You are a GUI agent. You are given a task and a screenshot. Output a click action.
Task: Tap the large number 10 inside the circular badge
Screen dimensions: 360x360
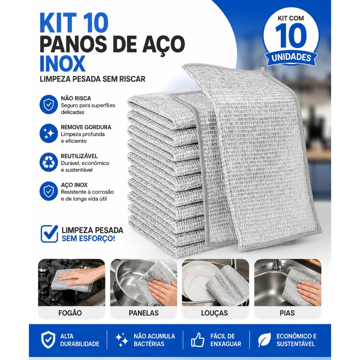[291, 36]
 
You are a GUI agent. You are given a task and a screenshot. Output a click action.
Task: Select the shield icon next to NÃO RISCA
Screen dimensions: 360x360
[49, 104]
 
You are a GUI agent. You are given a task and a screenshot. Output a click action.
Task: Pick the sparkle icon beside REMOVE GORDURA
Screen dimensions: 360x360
[49, 133]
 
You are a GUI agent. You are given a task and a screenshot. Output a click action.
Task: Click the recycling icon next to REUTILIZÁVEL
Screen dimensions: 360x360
[49, 162]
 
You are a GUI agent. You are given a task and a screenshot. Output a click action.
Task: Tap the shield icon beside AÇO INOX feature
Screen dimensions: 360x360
[49, 191]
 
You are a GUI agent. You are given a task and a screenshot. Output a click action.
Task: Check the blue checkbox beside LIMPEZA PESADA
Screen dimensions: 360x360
[49, 234]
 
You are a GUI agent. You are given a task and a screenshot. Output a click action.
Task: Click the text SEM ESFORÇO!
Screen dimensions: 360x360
[88, 238]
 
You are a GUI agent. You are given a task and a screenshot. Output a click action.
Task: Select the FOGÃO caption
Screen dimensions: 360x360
[70, 313]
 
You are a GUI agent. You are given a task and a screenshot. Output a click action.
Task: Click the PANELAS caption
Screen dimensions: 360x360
[144, 313]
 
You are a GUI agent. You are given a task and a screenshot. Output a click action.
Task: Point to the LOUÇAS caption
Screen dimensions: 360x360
[214, 313]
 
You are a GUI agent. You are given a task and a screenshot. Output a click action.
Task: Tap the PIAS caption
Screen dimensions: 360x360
[287, 313]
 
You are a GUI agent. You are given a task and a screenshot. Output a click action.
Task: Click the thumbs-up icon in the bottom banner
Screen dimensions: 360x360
[198, 340]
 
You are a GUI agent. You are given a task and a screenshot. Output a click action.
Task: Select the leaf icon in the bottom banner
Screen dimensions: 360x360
[264, 340]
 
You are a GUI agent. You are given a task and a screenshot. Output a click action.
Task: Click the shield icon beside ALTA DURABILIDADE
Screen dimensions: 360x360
[48, 340]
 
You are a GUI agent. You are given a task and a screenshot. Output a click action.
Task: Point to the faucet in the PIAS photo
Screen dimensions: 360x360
[276, 266]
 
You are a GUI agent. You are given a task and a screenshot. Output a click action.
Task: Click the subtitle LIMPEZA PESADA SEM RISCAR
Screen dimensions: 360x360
[92, 79]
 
